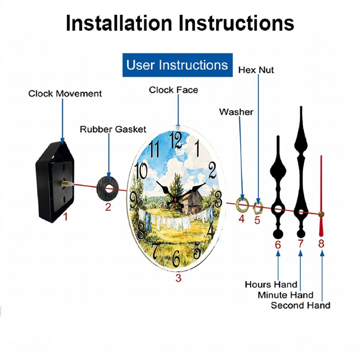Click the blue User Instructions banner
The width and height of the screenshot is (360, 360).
177,65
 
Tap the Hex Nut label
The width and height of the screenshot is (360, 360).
256,70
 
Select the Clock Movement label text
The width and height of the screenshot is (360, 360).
65,94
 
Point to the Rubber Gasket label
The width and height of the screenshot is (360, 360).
113,129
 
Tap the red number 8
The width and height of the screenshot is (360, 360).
321,244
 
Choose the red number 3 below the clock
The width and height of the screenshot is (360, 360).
179,278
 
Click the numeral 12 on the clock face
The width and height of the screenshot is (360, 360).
176,140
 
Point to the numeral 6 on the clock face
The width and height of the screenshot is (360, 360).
176,258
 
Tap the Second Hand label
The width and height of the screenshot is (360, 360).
301,306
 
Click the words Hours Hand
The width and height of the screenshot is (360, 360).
271,285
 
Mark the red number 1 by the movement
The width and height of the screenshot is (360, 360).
66,217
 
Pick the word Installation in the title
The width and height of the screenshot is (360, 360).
119,23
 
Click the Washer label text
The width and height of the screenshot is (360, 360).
236,112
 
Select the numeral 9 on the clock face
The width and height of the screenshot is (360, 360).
134,200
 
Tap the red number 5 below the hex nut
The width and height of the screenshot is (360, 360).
257,220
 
